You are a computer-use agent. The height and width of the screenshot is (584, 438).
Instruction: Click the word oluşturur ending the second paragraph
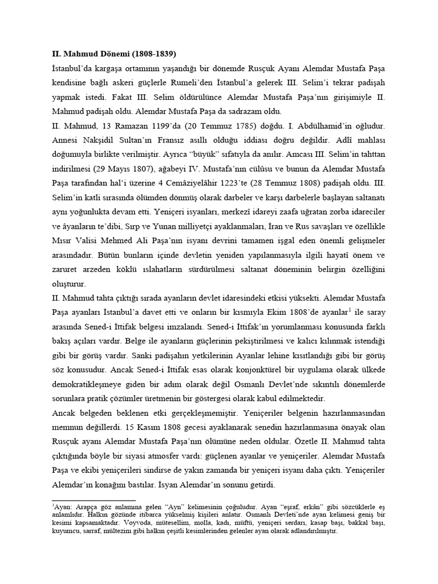pos(65,283)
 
